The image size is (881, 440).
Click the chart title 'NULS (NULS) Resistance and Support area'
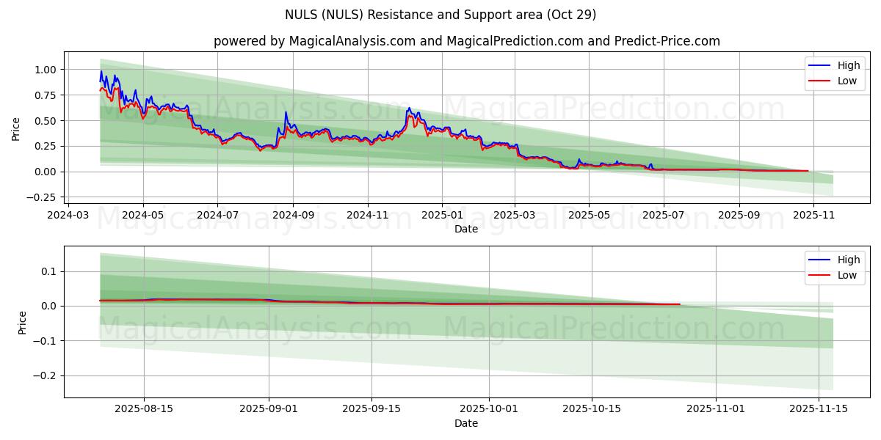click(x=440, y=15)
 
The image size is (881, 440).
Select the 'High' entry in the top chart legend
click(x=848, y=65)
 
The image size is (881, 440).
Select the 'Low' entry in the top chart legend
click(x=846, y=81)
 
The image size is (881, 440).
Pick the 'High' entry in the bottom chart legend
click(x=848, y=260)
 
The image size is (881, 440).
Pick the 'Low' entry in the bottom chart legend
click(x=846, y=275)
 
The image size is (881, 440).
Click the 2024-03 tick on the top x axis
click(x=68, y=216)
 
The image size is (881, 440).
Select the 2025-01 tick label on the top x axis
click(x=441, y=216)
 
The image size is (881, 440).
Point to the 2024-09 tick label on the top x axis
click(x=292, y=216)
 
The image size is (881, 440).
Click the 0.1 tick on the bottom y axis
click(x=48, y=271)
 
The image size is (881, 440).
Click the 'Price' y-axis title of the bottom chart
click(x=23, y=323)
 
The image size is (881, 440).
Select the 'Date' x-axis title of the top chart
click(x=466, y=229)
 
